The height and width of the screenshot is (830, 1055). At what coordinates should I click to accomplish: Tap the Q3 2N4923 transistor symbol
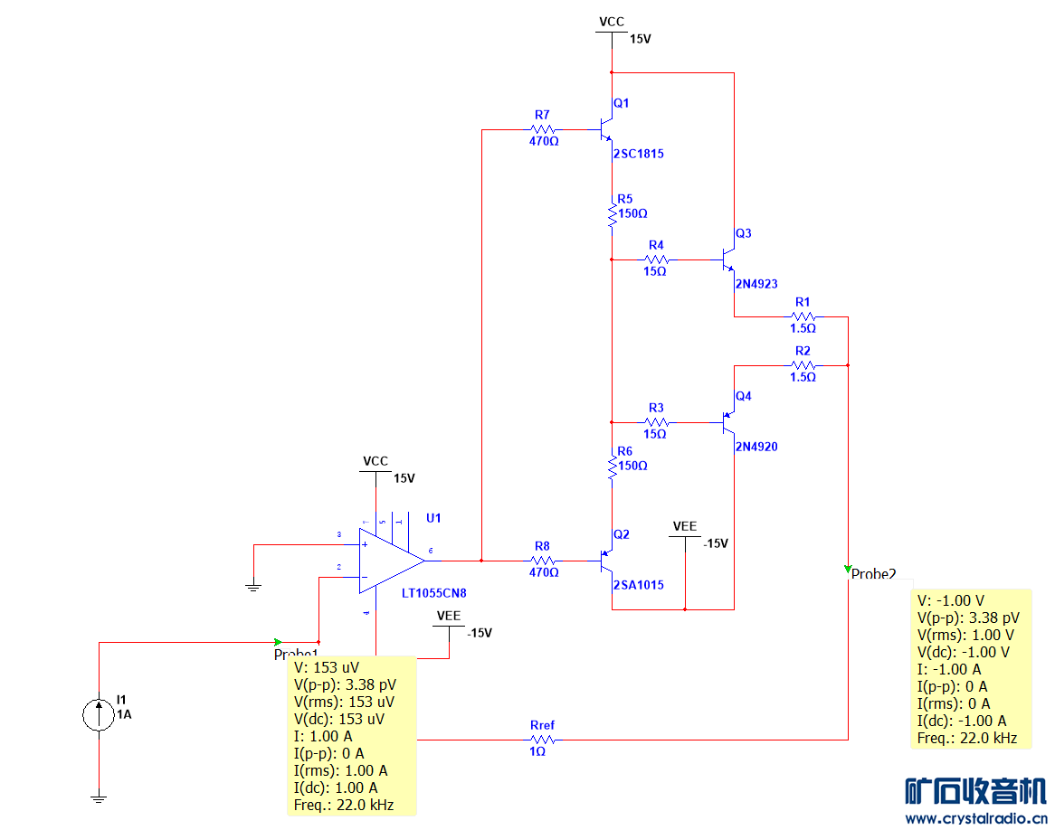click(x=728, y=260)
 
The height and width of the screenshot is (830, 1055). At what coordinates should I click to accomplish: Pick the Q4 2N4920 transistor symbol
click(x=728, y=421)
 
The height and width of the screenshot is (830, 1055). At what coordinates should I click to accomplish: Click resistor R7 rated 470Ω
click(x=543, y=129)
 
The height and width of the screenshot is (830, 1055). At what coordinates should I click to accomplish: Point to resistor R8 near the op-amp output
click(x=543, y=561)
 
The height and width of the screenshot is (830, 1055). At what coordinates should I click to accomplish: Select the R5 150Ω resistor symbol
click(x=613, y=213)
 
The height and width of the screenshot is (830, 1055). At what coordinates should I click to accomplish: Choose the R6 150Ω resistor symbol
click(x=613, y=466)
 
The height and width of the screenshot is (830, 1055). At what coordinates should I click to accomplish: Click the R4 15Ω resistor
click(x=656, y=259)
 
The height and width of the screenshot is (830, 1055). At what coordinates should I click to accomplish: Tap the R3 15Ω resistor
click(x=656, y=421)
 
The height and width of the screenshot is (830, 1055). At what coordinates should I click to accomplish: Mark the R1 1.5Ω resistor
click(x=803, y=316)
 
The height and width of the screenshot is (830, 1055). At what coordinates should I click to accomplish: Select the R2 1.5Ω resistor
click(x=803, y=365)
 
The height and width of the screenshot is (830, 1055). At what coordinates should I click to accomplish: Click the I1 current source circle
click(x=99, y=714)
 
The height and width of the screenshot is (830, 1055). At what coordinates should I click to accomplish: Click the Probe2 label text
click(x=874, y=573)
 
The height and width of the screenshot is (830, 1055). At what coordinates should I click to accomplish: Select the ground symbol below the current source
click(x=99, y=797)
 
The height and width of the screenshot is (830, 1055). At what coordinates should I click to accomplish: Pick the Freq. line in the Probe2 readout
click(x=966, y=738)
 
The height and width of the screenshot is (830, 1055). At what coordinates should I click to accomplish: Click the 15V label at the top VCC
click(x=641, y=40)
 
